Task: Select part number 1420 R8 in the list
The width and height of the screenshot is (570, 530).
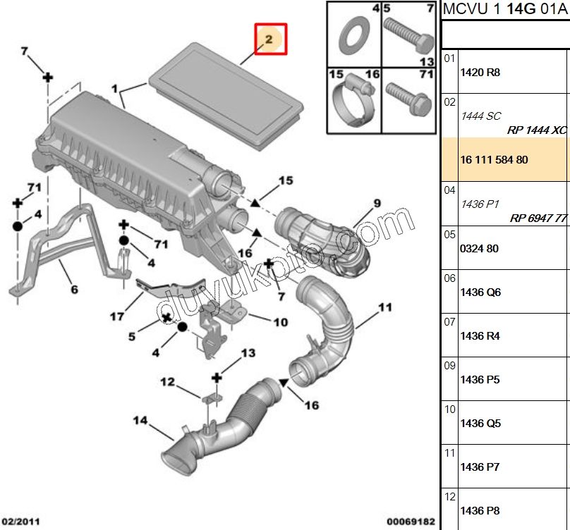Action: click(480, 73)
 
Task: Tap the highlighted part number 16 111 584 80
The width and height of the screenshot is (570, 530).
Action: click(494, 160)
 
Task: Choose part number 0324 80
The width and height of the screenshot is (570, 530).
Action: click(479, 249)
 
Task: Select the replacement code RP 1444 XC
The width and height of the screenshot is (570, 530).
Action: click(537, 130)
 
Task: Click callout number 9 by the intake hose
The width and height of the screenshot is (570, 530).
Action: click(377, 203)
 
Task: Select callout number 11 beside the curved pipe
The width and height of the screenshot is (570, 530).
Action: click(384, 307)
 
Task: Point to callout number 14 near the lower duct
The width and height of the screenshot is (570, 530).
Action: click(140, 421)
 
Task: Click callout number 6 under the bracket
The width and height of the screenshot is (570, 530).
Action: click(74, 289)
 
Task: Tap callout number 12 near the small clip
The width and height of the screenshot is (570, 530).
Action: click(167, 383)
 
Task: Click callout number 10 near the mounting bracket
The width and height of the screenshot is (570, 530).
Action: click(280, 322)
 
